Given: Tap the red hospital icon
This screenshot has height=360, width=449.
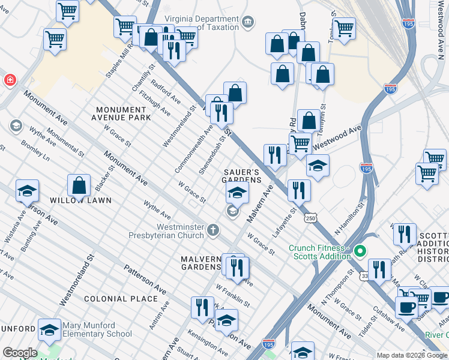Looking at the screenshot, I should (x=10, y=80).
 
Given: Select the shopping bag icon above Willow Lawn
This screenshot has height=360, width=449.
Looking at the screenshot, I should (x=79, y=185).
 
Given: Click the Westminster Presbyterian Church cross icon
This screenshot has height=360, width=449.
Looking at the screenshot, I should (x=212, y=229).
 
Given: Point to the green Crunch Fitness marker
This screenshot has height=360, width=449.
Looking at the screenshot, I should (x=360, y=250).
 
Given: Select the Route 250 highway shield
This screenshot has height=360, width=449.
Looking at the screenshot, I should (x=310, y=218).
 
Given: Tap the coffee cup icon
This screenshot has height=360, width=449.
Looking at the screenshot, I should (x=406, y=307).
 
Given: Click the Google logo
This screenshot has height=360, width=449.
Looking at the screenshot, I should (x=20, y=353).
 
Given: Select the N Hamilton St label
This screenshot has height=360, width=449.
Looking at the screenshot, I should (x=351, y=221).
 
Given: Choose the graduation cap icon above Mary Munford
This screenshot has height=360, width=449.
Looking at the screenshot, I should (x=49, y=329).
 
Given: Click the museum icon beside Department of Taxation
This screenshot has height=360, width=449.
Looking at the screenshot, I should (x=247, y=23).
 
